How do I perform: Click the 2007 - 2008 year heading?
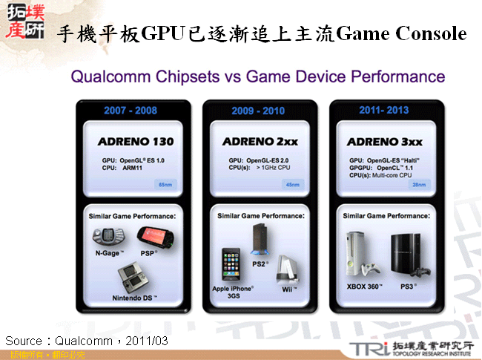point(131,110)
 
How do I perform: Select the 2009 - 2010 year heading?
point(257,110)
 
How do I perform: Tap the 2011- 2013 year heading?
point(384,110)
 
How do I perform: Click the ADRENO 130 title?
point(136,141)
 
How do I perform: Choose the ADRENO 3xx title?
point(383,141)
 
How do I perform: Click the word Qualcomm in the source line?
point(83,340)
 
